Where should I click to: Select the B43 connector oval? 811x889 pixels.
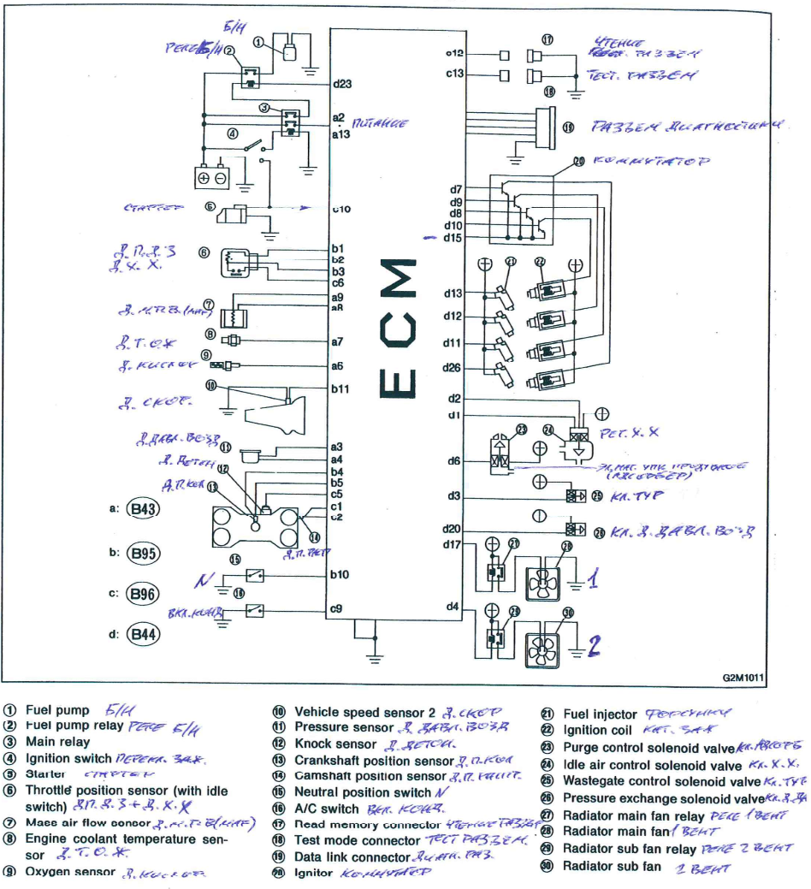click(143, 509)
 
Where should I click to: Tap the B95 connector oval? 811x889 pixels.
click(143, 553)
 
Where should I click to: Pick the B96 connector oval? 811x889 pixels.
click(143, 593)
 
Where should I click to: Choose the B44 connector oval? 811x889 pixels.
click(143, 634)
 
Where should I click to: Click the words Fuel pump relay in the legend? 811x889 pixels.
click(74, 726)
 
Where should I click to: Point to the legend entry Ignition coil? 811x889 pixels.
click(597, 730)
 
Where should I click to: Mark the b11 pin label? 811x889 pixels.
click(340, 388)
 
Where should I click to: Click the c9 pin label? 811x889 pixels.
click(336, 609)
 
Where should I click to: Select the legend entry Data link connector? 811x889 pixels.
click(352, 856)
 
